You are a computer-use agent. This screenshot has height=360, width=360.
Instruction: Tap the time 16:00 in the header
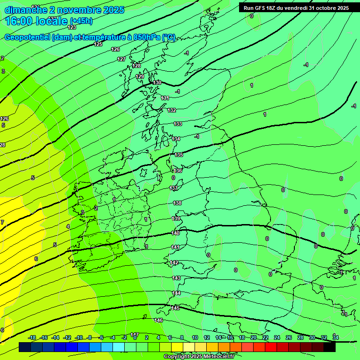point(19,21)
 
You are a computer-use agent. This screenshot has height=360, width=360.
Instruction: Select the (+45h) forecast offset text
point(81,21)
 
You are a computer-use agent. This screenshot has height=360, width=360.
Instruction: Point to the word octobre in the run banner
point(325,8)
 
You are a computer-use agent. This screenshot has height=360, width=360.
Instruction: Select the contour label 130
point(157,82)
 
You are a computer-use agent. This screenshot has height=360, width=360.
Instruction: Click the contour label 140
point(175,233)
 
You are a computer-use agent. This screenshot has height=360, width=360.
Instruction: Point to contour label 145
point(175,308)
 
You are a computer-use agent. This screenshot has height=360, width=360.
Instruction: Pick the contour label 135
point(179,155)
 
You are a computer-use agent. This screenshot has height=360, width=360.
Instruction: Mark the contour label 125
point(98,44)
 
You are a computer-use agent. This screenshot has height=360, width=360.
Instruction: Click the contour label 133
point(178,124)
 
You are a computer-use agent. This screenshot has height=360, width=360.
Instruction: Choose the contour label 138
point(177,203)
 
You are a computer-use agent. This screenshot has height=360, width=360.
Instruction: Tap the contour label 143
point(176,278)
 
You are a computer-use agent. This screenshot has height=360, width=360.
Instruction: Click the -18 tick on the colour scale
point(32,337)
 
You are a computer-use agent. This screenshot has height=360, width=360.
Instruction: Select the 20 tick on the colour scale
point(253,337)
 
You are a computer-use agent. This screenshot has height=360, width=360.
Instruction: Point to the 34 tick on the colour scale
point(335,337)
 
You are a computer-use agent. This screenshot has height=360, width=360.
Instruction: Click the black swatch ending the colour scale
point(330,347)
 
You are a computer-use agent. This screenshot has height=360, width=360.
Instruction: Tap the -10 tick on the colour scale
point(79,337)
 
